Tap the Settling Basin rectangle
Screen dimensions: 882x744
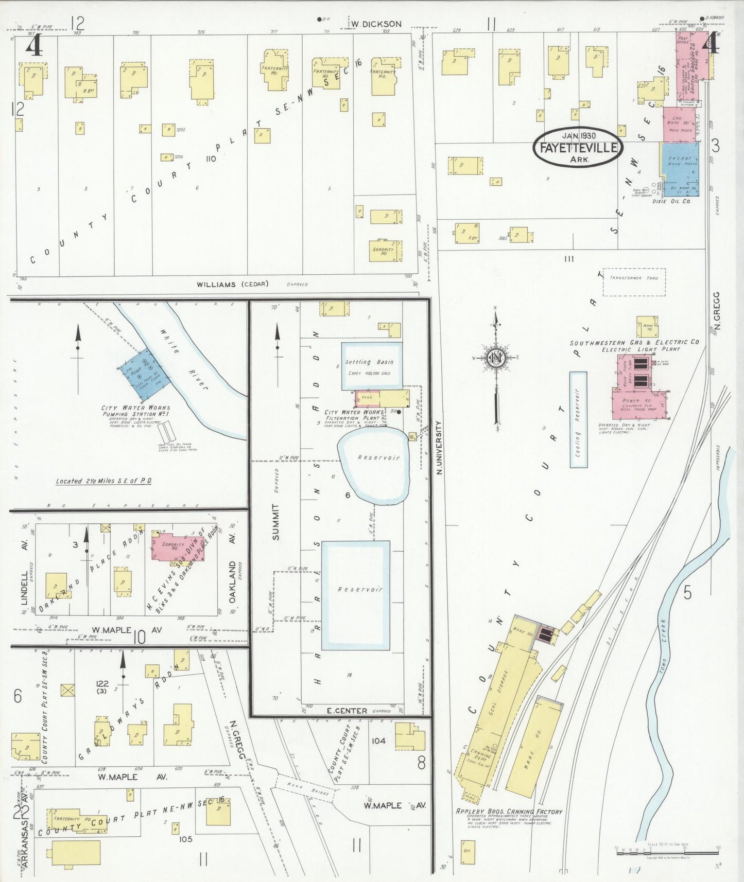point(371,366)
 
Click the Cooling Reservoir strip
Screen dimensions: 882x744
point(578,419)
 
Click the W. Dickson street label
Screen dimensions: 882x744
point(376,24)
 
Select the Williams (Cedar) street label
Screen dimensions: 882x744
point(233,284)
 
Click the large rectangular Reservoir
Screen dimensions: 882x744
point(355,595)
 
